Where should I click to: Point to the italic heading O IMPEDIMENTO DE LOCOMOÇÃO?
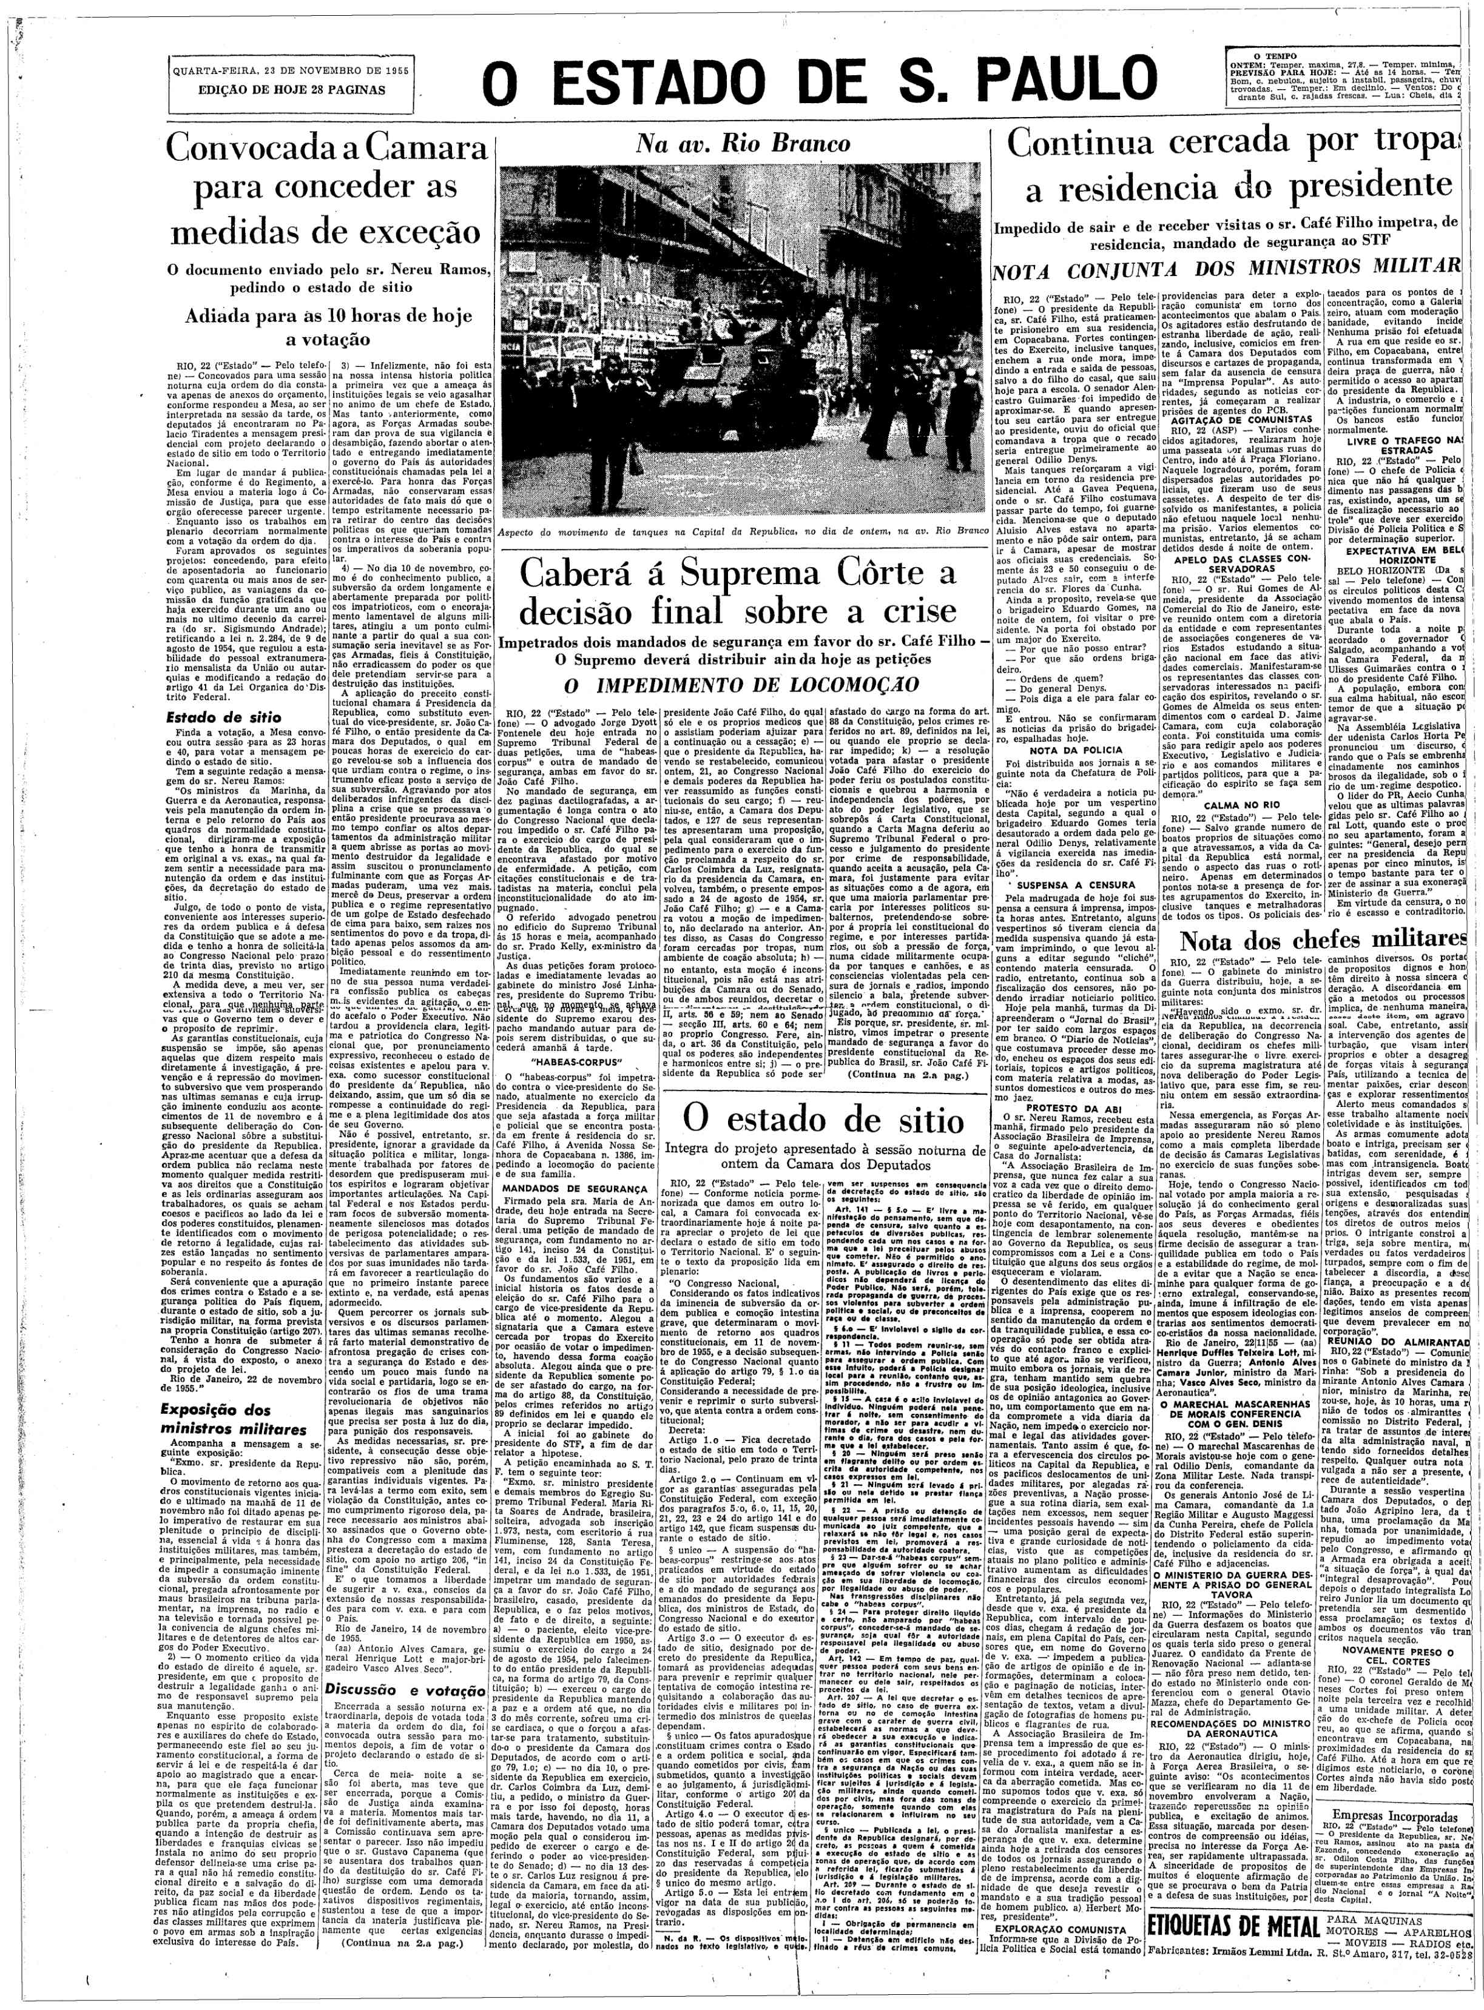742,684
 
